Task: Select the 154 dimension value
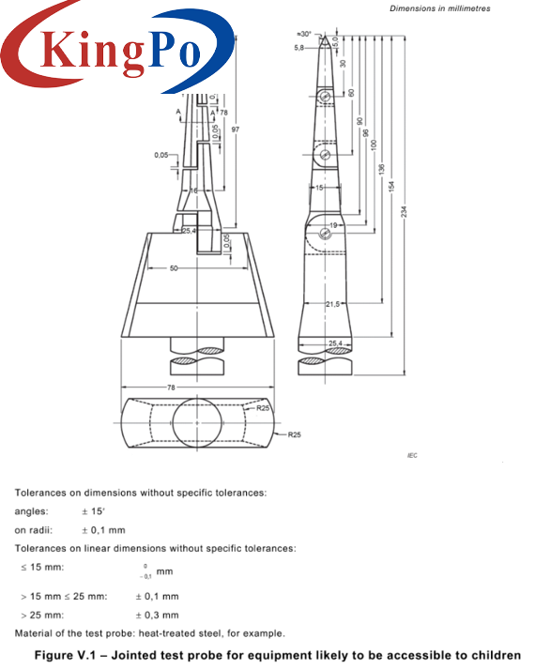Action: tap(390, 186)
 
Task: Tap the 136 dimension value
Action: tap(380, 169)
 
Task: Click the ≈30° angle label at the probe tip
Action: tap(301, 32)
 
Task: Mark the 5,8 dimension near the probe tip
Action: tap(299, 47)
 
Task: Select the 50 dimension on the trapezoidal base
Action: tap(174, 269)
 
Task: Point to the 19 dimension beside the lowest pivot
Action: tap(333, 226)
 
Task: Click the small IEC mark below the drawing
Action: tap(411, 454)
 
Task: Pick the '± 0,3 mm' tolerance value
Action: tap(157, 615)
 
